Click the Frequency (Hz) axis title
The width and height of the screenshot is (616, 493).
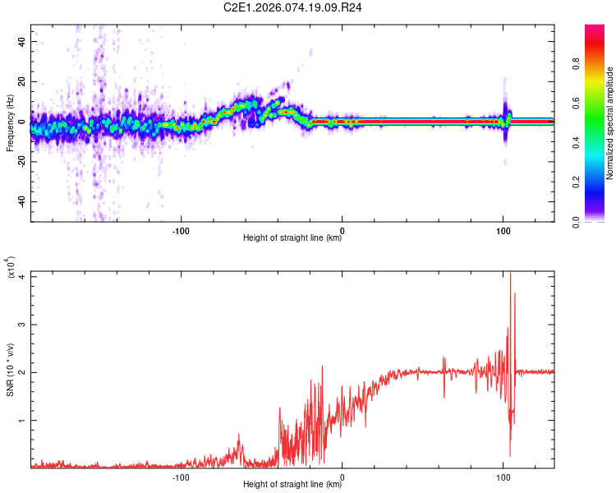[11, 122]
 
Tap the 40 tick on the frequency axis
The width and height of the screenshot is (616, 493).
[22, 41]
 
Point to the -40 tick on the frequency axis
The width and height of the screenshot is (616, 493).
[21, 202]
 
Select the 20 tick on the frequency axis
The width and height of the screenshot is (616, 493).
[22, 81]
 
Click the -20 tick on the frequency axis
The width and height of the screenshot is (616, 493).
[21, 162]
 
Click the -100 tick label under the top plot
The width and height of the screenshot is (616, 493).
[181, 229]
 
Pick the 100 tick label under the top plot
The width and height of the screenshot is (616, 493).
[503, 229]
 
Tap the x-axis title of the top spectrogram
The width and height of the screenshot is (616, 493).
[292, 239]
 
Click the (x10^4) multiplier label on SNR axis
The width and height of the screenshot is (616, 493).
[11, 267]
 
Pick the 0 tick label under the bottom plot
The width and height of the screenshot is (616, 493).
[342, 476]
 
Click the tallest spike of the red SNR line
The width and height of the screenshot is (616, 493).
[510, 274]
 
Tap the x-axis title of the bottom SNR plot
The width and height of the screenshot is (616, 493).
[292, 485]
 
